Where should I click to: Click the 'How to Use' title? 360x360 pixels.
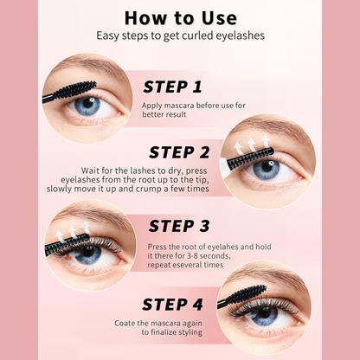[x=181, y=18]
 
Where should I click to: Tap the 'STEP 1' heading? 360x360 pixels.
[x=172, y=87]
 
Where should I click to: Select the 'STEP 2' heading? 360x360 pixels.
[x=179, y=152]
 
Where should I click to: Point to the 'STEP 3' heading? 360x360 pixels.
[x=179, y=226]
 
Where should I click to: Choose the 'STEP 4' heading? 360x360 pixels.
[x=172, y=305]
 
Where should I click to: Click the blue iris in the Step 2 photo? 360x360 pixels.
[x=267, y=170]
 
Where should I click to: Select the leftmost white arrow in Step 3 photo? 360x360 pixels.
[x=60, y=236]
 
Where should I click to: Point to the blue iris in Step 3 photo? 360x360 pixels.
[x=87, y=254]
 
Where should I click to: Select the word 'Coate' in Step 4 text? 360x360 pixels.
[x=125, y=323]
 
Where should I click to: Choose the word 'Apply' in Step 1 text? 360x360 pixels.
[x=151, y=106]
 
